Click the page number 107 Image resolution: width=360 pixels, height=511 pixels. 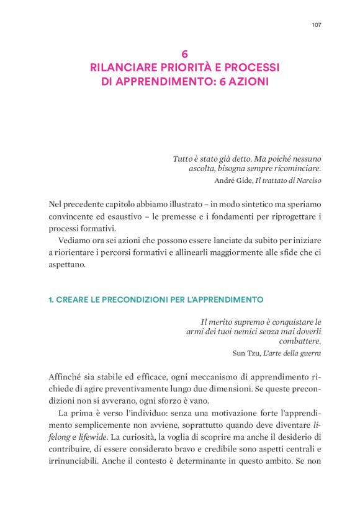316,25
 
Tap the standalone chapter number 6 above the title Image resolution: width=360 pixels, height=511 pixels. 184,55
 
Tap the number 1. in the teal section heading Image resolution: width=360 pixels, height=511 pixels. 51,300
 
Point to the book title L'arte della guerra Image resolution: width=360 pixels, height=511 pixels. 292,353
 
